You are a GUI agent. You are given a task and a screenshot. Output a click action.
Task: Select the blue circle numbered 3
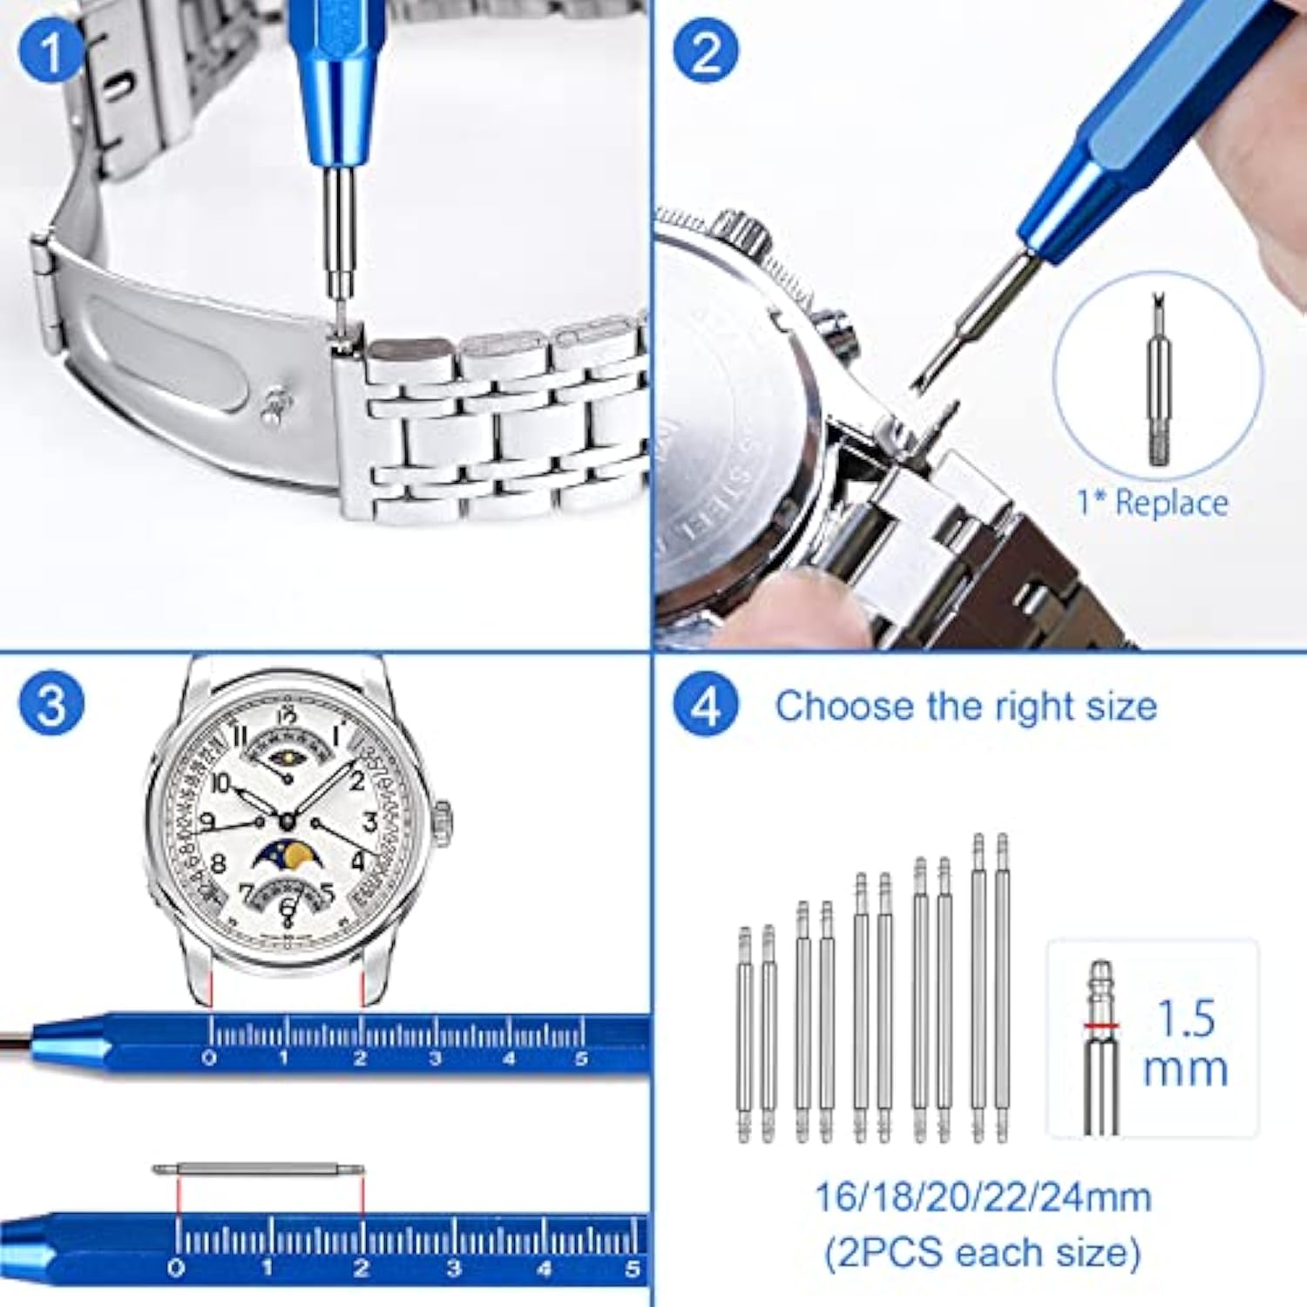point(51,704)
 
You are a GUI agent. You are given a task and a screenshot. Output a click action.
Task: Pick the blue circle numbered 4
point(706,704)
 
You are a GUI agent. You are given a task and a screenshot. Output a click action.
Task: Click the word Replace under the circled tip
point(1171,503)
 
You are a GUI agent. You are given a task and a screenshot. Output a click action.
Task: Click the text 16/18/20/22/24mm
point(983,1197)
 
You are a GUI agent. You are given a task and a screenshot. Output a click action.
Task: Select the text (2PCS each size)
point(983,1253)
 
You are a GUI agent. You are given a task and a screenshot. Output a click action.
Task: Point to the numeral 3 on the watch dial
point(369,822)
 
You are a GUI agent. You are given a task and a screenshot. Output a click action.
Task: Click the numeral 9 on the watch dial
point(207,822)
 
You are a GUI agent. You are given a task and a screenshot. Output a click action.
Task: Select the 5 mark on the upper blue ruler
point(581,1059)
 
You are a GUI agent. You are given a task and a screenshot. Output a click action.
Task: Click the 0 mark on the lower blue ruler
point(177,1268)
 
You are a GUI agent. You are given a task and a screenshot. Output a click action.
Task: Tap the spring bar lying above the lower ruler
point(259,1169)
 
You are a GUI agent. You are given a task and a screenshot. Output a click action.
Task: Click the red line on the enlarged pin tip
point(1101,1026)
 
